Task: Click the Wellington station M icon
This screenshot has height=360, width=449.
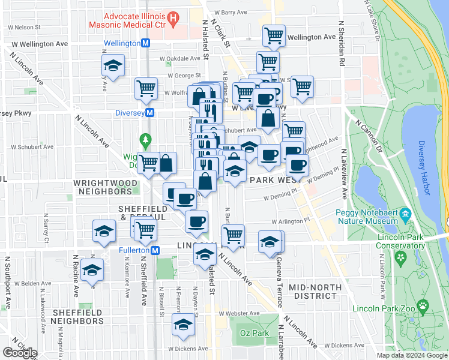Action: pyautogui.click(x=145, y=44)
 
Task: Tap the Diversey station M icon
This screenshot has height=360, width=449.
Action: pyautogui.click(x=150, y=113)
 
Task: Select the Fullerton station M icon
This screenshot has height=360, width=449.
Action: pyautogui.click(x=155, y=250)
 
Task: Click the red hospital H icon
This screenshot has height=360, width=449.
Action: pyautogui.click(x=173, y=20)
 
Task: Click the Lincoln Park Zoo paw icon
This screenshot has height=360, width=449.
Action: pyautogui.click(x=423, y=306)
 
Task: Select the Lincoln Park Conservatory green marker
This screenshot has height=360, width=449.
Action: pyautogui.click(x=401, y=258)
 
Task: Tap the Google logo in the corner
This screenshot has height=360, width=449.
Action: pyautogui.click(x=20, y=353)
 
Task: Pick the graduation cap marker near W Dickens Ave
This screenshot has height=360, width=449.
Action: pyautogui.click(x=183, y=325)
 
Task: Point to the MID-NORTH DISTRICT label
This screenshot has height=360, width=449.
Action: pyautogui.click(x=313, y=292)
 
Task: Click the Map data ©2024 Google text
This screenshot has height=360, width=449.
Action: pyautogui.click(x=411, y=355)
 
